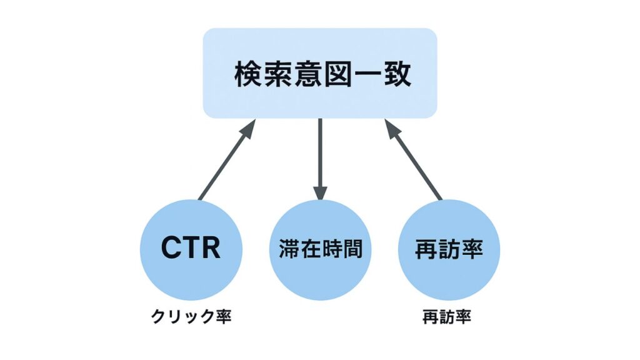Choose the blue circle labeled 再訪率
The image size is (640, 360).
[449, 249]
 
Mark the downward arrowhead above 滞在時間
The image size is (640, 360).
[320, 192]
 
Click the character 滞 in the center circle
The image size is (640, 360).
[288, 249]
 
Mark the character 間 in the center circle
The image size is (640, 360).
[352, 249]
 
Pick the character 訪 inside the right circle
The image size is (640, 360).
[449, 249]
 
